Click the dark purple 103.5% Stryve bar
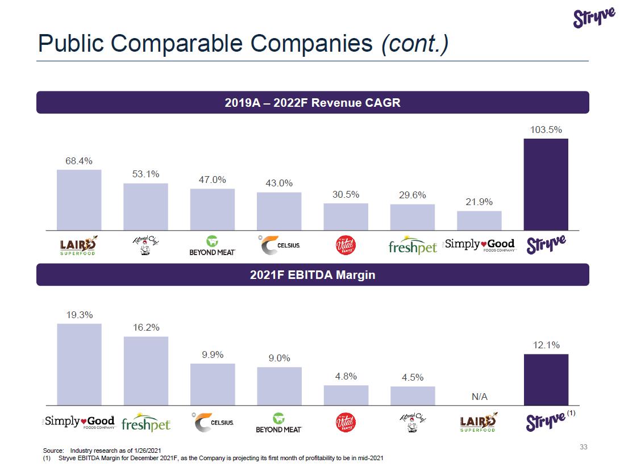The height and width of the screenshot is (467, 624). click(x=546, y=184)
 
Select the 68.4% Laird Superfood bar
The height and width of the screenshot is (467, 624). click(x=79, y=199)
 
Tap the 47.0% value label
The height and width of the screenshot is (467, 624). click(x=212, y=180)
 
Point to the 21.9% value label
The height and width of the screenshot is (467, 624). click(x=479, y=202)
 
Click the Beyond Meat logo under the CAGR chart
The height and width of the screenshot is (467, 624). click(x=212, y=245)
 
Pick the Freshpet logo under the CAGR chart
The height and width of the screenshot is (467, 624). click(x=413, y=247)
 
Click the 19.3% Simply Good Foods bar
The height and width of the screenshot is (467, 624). click(x=79, y=364)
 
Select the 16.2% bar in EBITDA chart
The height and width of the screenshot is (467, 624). click(x=145, y=370)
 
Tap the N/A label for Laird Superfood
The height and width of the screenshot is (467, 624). click(x=480, y=397)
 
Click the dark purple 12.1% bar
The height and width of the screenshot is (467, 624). click(x=546, y=380)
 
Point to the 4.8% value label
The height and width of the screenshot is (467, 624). click(x=346, y=376)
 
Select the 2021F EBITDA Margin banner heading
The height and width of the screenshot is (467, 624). click(x=313, y=275)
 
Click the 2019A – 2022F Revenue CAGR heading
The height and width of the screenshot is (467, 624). click(x=313, y=103)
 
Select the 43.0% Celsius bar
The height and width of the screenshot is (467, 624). click(x=278, y=211)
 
